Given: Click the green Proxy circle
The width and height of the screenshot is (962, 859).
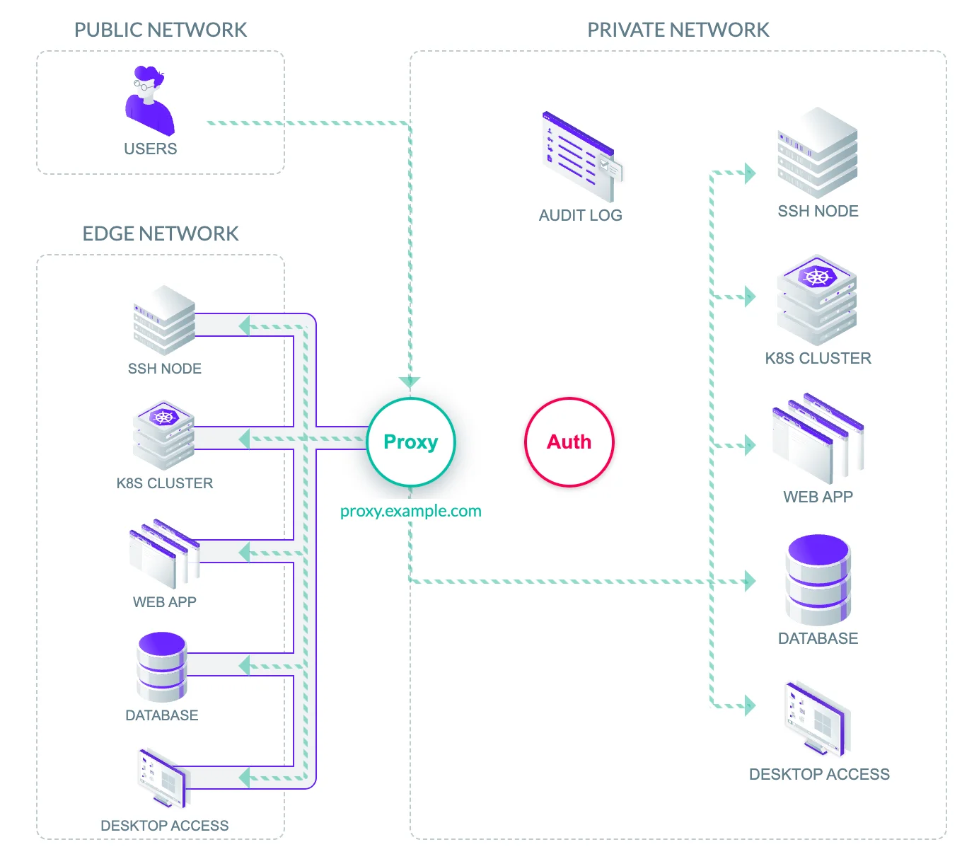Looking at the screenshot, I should [x=411, y=442].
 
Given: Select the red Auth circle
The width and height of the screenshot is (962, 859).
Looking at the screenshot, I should [x=569, y=442].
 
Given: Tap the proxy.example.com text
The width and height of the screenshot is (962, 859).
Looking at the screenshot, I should [x=410, y=511].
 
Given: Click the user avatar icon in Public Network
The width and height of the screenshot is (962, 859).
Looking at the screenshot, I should [x=149, y=100].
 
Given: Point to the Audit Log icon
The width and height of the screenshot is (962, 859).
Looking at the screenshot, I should [x=581, y=156].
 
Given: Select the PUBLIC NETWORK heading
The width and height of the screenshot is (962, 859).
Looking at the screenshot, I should [x=161, y=30].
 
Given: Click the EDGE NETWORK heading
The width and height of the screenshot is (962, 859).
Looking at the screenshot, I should [x=161, y=234].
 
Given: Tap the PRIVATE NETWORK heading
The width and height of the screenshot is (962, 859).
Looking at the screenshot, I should [x=678, y=30].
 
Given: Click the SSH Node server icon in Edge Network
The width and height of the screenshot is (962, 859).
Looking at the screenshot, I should [x=164, y=320].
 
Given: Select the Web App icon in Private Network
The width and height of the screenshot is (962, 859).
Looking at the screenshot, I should [x=818, y=439].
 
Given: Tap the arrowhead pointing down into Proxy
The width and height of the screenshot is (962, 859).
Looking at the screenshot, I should [x=410, y=383].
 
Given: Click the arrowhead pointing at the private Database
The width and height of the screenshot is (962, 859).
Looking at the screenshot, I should [x=750, y=582].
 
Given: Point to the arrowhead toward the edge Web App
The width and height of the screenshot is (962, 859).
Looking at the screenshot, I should [x=245, y=552].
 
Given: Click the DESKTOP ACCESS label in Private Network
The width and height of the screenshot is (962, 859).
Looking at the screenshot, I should [x=819, y=774].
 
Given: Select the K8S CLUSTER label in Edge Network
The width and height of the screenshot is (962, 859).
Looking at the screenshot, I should [x=164, y=483].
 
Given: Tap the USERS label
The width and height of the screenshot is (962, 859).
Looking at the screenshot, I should [x=150, y=149].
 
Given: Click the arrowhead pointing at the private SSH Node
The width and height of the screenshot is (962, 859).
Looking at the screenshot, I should [x=750, y=173].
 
